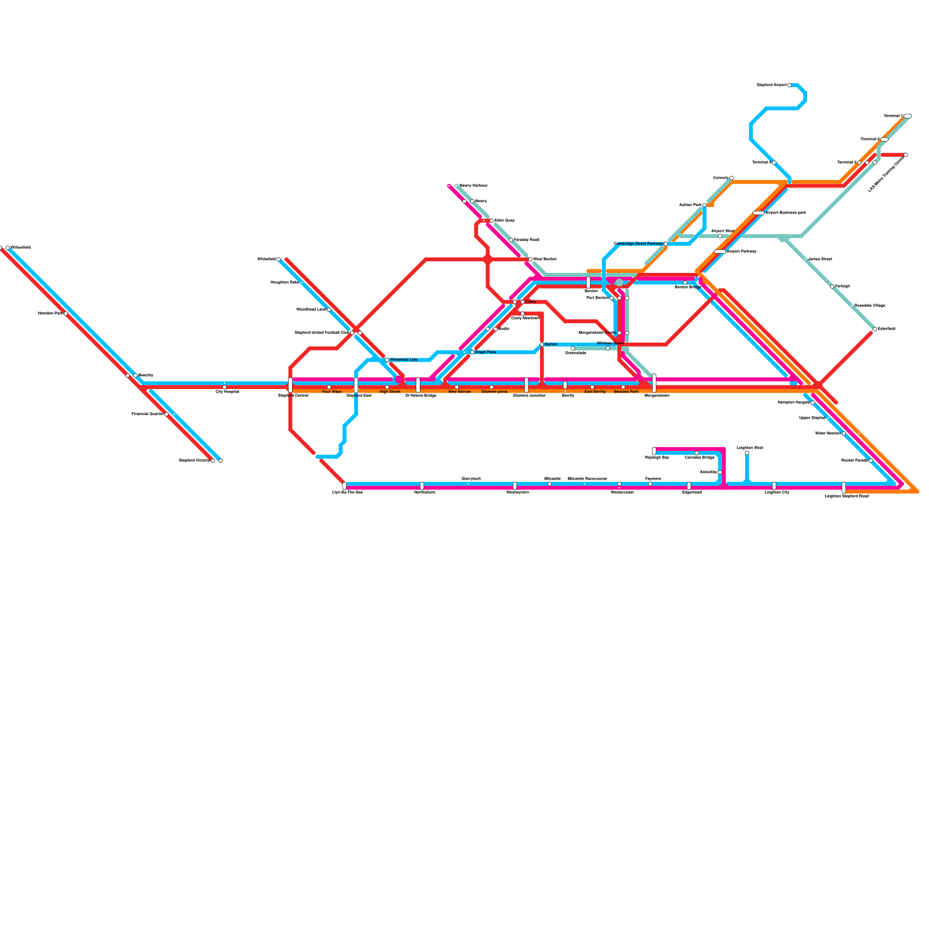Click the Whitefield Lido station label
coord(404,360)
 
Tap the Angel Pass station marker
coord(472,352)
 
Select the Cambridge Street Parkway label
coord(638,244)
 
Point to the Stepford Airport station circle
coord(790,85)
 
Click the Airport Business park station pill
coord(758,213)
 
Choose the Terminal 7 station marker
coord(908,116)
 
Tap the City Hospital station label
coord(227,392)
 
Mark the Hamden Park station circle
coord(66,314)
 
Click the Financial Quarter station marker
coord(167,414)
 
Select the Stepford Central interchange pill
coord(290,384)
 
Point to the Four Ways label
coord(332,392)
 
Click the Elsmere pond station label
coord(494,392)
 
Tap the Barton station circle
coord(542,344)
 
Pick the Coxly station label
coord(531,302)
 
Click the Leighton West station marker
coord(747,453)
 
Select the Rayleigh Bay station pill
coord(654,451)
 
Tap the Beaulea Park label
coord(626,392)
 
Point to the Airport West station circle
coord(720,236)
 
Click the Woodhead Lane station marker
coord(329,309)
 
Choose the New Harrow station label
coord(459,392)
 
